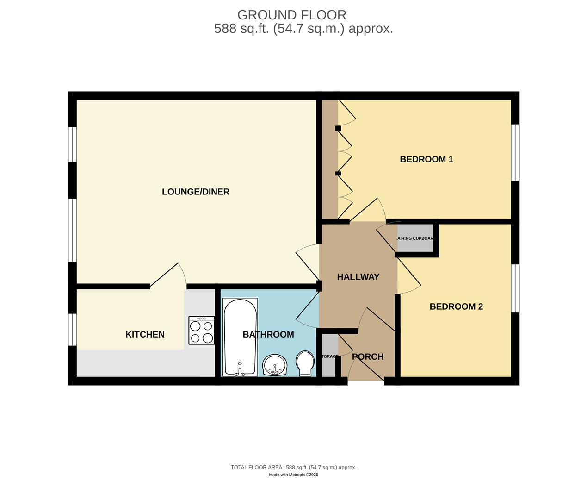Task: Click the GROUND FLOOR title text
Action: coord(291,15)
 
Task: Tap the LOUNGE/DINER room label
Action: coord(195,192)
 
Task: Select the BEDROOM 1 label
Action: coord(426,159)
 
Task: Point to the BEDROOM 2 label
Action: coord(456,306)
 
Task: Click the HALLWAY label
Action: coord(358,277)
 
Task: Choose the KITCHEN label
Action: coord(145,334)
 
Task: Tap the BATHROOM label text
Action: coord(268,334)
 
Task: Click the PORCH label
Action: coord(368,356)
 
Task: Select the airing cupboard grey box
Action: coord(415,238)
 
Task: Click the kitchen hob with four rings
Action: coord(202,331)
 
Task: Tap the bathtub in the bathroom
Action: coord(240,337)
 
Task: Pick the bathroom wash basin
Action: coord(275,365)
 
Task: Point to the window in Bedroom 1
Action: coord(515,152)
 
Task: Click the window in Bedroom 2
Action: coord(515,288)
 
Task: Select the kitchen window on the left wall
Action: coord(72,330)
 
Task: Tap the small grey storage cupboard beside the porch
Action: coord(329,356)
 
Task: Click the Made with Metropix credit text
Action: coord(293,475)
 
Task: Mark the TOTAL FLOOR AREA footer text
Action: coord(293,467)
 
